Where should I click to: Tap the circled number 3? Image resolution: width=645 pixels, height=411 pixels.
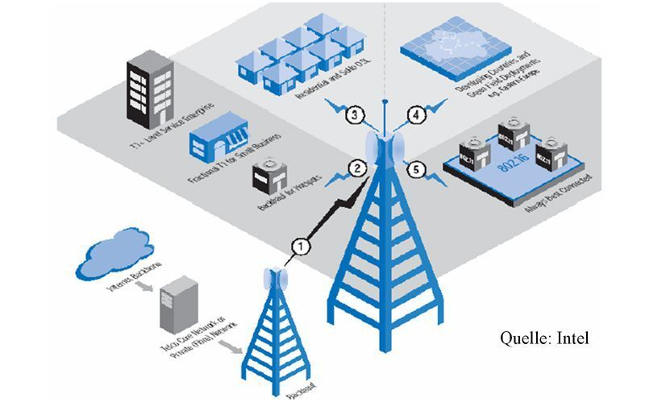coord(355,116)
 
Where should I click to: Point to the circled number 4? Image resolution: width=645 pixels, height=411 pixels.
coord(416,115)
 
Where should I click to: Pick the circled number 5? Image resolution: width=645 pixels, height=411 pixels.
coord(416,168)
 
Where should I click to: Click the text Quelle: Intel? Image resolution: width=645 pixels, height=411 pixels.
coord(545,338)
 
